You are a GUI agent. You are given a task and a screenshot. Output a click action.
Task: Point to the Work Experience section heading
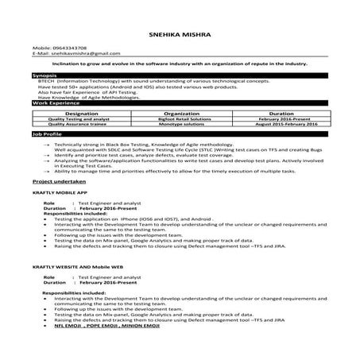[x=52, y=103]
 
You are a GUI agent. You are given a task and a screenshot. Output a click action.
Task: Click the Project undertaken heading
[x=56, y=181]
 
